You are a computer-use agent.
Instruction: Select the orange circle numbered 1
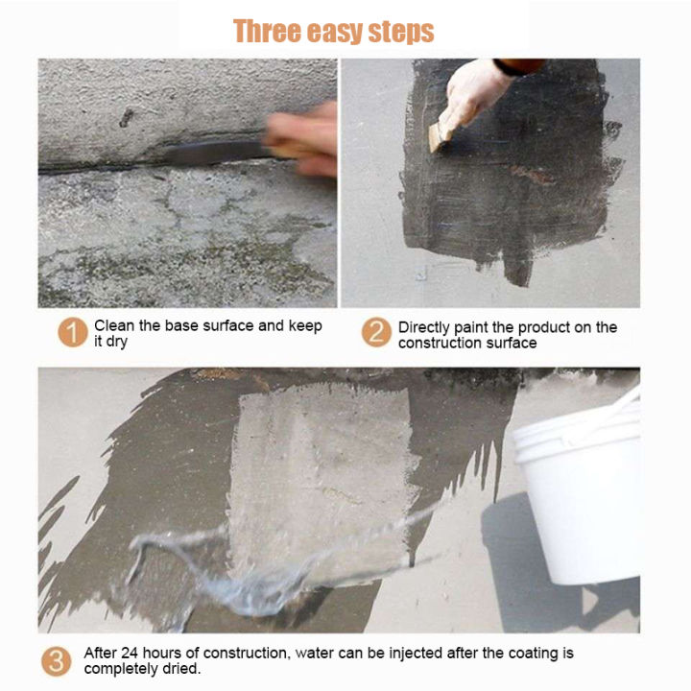click(x=73, y=332)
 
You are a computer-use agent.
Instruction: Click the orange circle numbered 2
click(x=376, y=332)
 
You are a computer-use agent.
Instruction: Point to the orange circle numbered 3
click(x=57, y=661)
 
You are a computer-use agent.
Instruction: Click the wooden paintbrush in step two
click(x=440, y=135)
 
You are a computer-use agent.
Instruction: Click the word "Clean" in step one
click(x=114, y=325)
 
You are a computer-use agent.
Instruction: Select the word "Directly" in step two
click(x=424, y=328)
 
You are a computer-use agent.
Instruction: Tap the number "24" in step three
click(x=130, y=653)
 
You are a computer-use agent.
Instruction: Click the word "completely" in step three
click(x=121, y=669)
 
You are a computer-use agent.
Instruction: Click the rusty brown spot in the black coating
click(x=533, y=175)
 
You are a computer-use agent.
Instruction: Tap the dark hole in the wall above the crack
click(x=127, y=118)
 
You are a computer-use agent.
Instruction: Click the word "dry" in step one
click(x=117, y=342)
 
